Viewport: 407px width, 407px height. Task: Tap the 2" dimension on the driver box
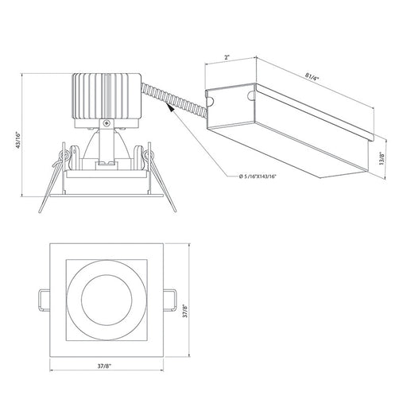tap(227, 57)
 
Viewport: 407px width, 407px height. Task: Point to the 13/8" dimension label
tap(382, 158)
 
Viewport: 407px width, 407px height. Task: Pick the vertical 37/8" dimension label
tap(185, 312)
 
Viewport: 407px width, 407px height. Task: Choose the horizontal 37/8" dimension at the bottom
tap(104, 366)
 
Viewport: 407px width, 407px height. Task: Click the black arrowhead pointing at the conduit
tap(171, 107)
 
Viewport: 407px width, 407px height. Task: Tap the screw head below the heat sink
tap(107, 122)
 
